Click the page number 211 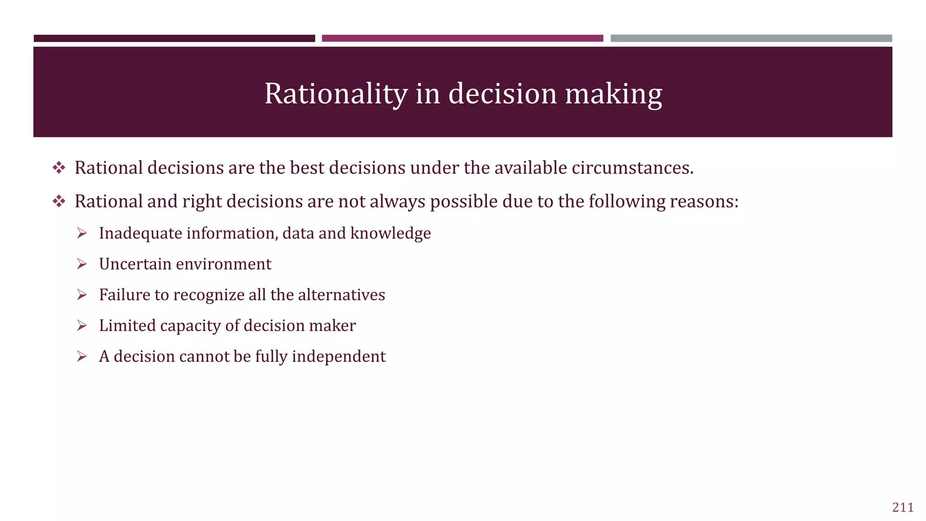(902, 507)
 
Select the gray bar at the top (751, 38)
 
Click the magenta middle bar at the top (462, 38)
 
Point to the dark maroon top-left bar (174, 38)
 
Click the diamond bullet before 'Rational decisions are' (59, 168)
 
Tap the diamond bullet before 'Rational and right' (59, 201)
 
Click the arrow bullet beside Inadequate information (82, 233)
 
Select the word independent (339, 356)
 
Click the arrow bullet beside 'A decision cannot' (82, 356)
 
